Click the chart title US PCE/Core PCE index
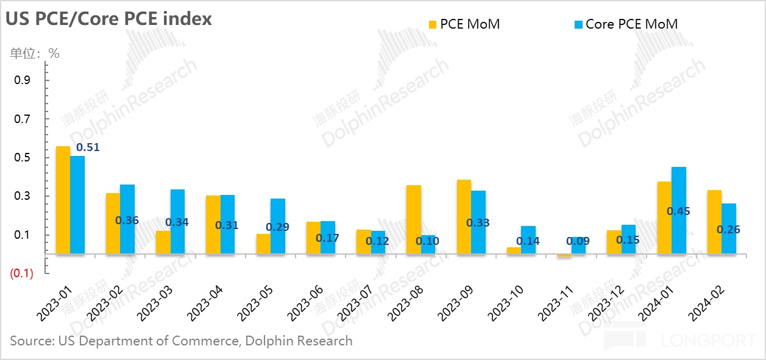tap(109, 19)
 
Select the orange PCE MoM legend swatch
tap(433, 24)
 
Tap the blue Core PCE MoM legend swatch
tap(578, 24)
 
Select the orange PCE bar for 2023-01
tap(63, 199)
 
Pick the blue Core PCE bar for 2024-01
tap(679, 210)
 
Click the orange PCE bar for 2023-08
tap(414, 219)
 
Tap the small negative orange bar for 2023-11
tap(564, 256)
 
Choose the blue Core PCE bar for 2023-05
tap(278, 225)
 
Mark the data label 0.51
tap(87, 147)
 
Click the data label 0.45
tap(679, 211)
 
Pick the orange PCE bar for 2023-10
tap(514, 250)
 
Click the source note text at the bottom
tap(181, 341)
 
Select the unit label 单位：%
tap(35, 54)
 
